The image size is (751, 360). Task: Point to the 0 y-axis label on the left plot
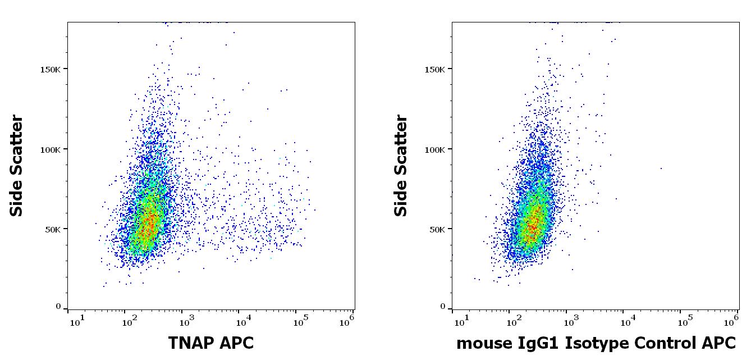tap(58, 307)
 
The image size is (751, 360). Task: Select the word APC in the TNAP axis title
tap(238, 342)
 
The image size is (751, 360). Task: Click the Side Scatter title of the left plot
tap(17, 166)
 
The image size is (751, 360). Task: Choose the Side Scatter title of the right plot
tap(401, 166)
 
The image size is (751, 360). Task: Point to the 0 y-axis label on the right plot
tap(442, 307)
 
